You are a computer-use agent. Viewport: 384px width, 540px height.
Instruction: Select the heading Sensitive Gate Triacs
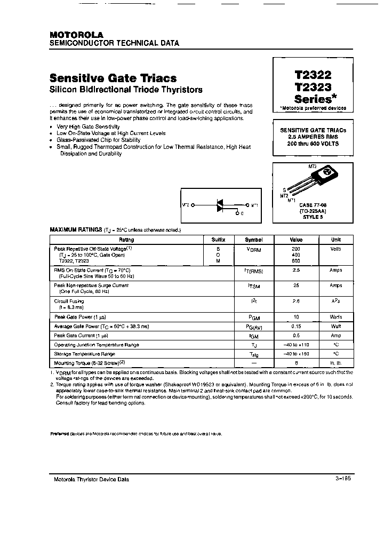[113, 78]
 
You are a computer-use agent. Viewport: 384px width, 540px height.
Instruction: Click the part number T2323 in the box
[313, 88]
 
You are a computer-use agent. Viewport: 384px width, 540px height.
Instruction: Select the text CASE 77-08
[313, 205]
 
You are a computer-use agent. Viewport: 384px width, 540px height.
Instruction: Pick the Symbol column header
[254, 240]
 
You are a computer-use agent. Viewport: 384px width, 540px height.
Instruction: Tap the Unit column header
[336, 240]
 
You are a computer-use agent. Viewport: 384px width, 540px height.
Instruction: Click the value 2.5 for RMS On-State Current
[295, 271]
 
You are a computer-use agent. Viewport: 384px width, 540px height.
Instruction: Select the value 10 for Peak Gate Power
[295, 317]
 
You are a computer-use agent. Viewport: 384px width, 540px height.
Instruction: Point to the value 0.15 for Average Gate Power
[295, 326]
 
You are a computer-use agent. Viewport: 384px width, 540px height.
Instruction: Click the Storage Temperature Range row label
[84, 354]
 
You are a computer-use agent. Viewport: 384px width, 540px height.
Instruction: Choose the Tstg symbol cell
[254, 354]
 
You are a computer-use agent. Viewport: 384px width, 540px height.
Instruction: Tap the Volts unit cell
[336, 249]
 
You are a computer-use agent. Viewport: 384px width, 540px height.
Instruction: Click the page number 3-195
[343, 479]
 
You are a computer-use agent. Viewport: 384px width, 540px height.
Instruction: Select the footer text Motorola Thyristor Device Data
[91, 479]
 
